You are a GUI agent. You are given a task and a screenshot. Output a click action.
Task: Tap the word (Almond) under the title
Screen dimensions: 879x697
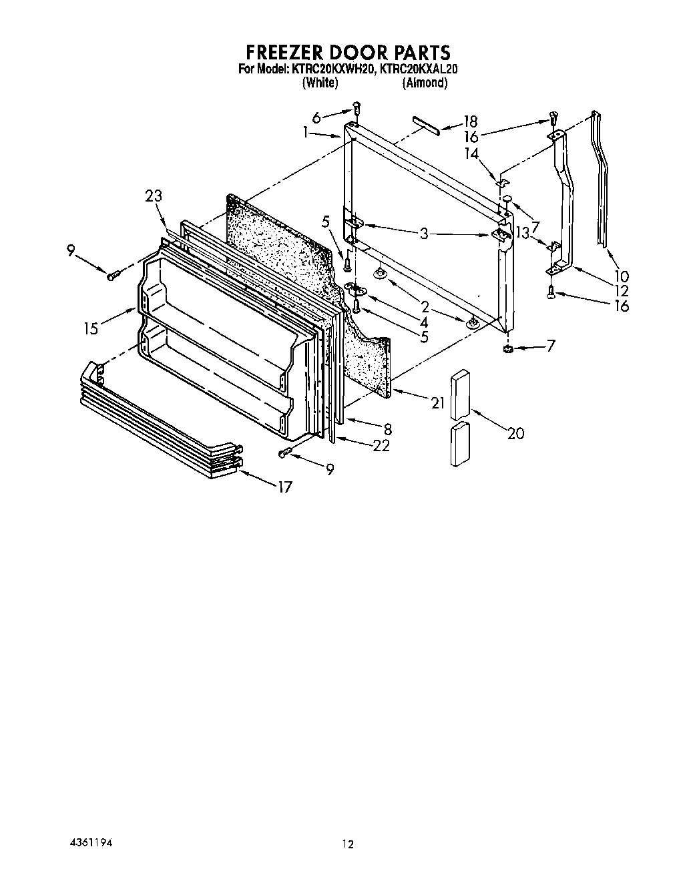424,83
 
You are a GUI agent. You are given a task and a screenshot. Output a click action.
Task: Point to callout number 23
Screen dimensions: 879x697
154,196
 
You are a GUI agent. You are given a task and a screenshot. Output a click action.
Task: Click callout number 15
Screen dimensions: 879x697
91,328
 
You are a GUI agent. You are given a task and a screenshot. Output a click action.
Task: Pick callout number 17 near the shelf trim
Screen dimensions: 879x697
285,487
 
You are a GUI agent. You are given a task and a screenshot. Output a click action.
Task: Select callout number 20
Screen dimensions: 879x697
515,433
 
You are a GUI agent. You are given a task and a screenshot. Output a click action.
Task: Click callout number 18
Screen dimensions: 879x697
471,121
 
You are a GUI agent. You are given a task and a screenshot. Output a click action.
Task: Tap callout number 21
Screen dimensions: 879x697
438,402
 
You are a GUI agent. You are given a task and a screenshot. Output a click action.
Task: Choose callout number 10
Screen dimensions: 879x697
622,276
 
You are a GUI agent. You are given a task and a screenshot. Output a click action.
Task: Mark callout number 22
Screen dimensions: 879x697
381,447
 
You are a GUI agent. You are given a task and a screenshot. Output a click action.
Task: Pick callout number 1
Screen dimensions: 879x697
305,133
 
